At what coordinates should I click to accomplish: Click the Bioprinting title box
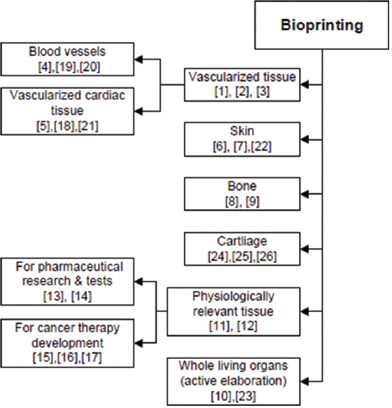[x=322, y=25]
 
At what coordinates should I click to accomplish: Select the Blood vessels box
[x=67, y=59]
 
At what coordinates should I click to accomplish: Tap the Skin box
[x=242, y=139]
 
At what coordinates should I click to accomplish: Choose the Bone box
[x=242, y=194]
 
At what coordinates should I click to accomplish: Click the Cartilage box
[x=242, y=249]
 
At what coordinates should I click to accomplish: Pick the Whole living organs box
[x=234, y=382]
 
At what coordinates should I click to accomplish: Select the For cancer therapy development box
[x=67, y=343]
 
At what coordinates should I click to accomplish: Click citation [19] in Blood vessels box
[x=65, y=67]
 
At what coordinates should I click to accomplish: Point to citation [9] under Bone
[x=253, y=201]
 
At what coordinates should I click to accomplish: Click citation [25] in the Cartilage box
[x=242, y=257]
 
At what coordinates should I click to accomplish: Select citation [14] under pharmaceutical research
[x=82, y=296]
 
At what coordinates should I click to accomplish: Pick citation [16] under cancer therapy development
[x=67, y=358]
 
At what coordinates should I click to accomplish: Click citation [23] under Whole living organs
[x=245, y=396]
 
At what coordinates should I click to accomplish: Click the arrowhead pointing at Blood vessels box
[x=138, y=59]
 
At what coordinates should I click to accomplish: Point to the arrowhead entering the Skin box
[x=305, y=140]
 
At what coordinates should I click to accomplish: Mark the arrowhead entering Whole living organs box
[x=305, y=382]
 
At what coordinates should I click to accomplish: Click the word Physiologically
[x=233, y=296]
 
